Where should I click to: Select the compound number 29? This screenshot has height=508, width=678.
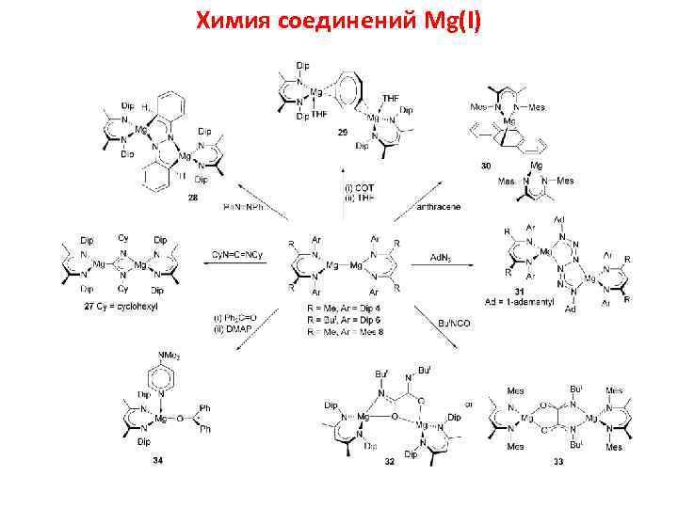coord(342,133)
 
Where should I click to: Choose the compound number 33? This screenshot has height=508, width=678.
coord(558,460)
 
